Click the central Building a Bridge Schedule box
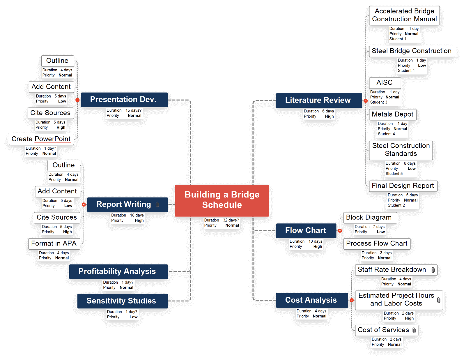point(222,200)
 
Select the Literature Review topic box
point(319,100)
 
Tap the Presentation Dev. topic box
point(124,100)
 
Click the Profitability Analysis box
point(118,271)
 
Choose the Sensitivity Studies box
point(122,301)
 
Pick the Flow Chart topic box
point(306,231)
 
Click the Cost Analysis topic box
point(312,300)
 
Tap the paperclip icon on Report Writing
point(157,204)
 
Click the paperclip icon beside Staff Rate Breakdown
point(433,270)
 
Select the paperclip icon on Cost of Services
point(414,330)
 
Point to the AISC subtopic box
point(385,83)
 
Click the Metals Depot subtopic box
point(393,114)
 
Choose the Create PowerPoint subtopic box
point(41,139)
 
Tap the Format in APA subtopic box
point(54,244)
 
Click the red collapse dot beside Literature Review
point(366,101)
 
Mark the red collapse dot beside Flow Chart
point(340,231)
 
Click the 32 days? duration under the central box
point(231,220)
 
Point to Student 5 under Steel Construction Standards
point(394,174)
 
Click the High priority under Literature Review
point(329,117)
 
